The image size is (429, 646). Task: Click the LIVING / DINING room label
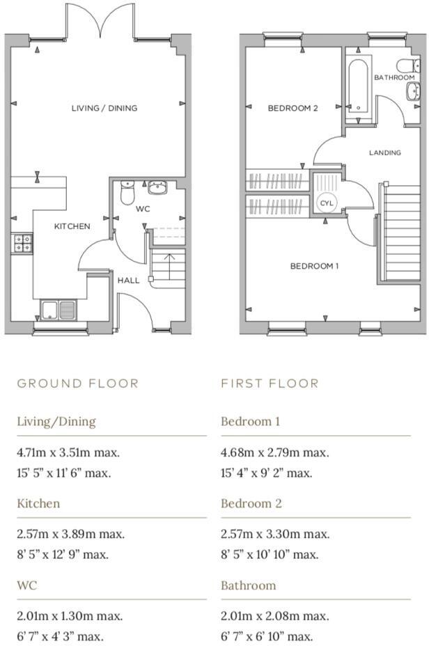[x=104, y=108]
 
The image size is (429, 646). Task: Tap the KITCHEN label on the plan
[x=72, y=226]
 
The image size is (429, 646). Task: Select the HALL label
[x=128, y=280]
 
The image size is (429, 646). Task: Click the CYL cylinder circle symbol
[x=327, y=203]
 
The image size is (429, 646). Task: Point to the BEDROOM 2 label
[x=292, y=108]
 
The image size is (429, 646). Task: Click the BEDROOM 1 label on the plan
[x=314, y=266]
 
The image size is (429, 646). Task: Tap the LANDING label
[x=384, y=152]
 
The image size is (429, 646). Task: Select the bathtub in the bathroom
[x=359, y=86]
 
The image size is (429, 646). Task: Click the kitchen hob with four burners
[x=22, y=242]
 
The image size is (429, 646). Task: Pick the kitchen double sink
[x=58, y=308]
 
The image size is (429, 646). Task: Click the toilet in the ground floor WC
[x=127, y=192]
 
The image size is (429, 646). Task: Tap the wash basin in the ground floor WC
[x=157, y=187]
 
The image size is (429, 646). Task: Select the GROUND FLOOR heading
[x=78, y=384]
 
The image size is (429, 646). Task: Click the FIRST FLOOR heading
[x=270, y=384]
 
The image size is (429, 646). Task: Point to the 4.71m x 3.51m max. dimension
[x=68, y=452]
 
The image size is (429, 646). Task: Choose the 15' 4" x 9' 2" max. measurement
[x=266, y=473]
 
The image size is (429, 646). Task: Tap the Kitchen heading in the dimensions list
[x=38, y=503]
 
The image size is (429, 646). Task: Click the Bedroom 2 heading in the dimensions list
[x=251, y=503]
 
